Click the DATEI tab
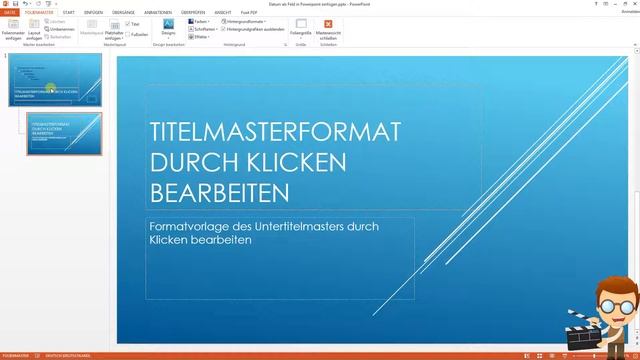10,12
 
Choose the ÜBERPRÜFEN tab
193,12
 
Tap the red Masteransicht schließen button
327,25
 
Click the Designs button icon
168,24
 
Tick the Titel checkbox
128,24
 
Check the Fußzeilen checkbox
128,33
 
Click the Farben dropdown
200,21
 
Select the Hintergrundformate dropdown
247,21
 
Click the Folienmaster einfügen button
13,27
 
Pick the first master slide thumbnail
54,79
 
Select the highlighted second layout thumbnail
64,133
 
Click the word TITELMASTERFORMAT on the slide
274,132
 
